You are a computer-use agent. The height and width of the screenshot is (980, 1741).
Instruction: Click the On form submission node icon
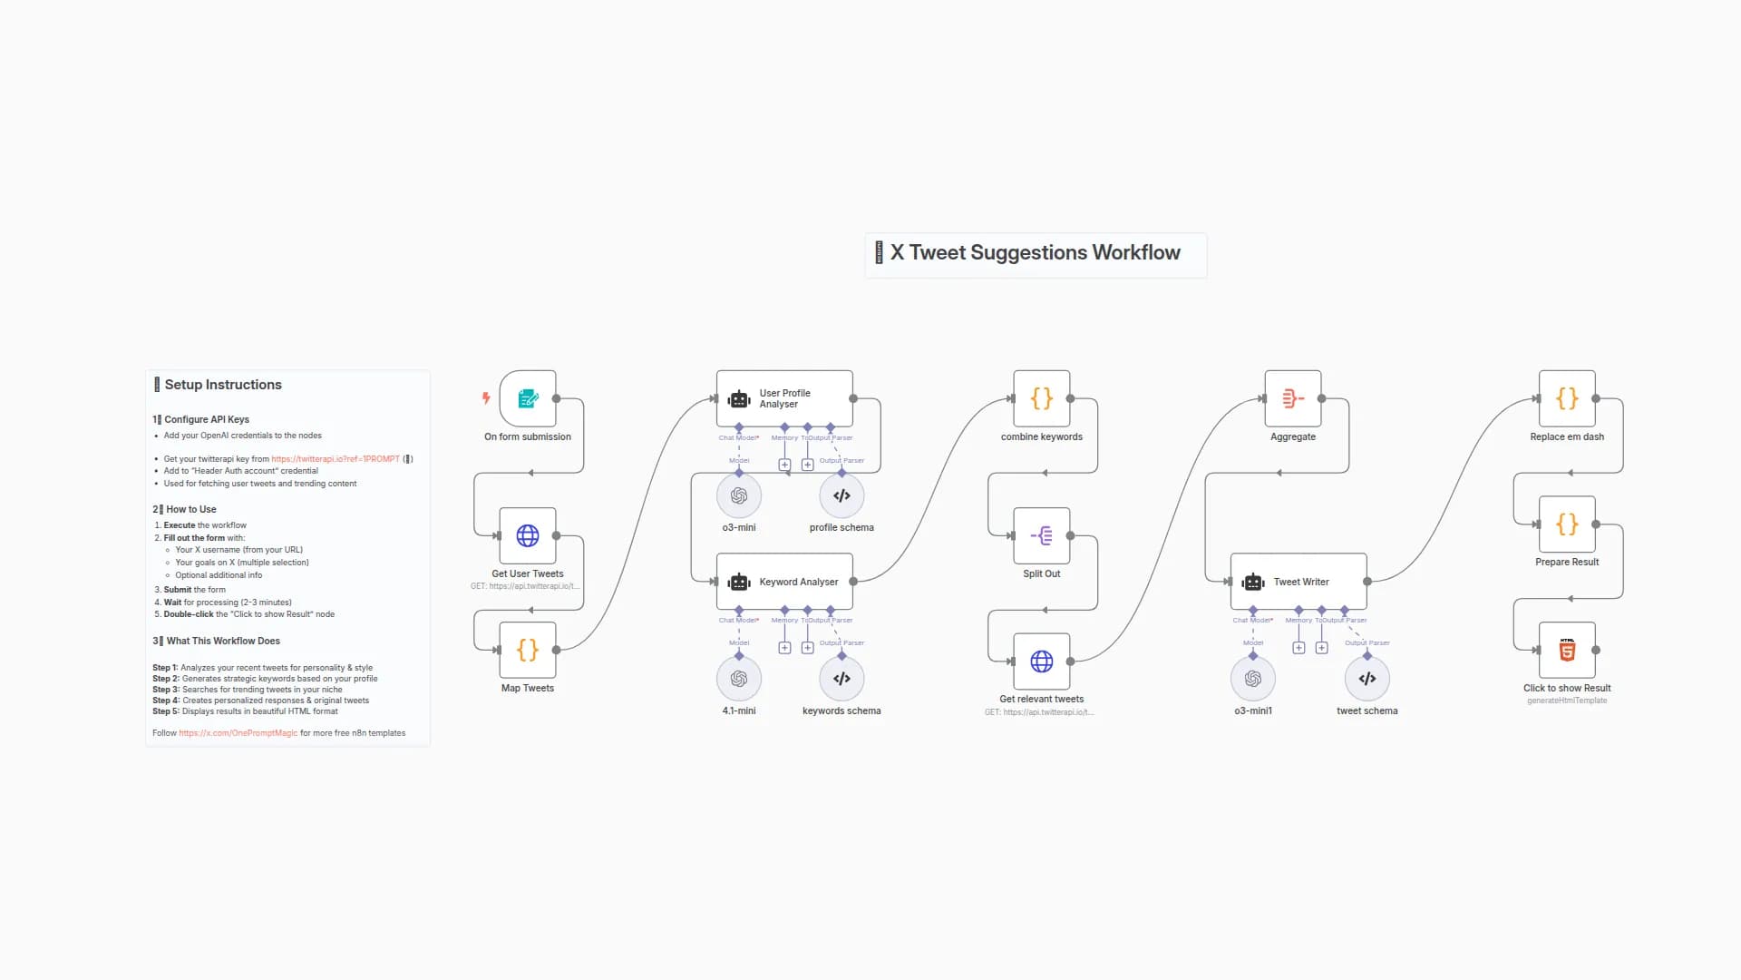528,398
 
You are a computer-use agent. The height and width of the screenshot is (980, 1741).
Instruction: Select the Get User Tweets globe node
528,535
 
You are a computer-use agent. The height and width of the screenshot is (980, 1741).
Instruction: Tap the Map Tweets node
528,650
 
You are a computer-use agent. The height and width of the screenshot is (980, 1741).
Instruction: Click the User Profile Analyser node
784,398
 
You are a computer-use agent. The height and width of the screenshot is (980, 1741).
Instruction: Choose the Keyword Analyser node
784,582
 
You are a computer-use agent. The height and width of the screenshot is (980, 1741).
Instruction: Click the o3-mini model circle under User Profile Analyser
739,495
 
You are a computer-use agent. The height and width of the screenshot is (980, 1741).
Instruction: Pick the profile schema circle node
841,495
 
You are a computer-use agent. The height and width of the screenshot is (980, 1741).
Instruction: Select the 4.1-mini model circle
739,679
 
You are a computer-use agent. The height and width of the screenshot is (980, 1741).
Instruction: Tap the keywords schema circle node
841,679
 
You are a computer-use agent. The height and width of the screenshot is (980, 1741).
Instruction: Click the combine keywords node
1042,398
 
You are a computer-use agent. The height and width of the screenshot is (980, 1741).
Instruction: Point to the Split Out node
1042,535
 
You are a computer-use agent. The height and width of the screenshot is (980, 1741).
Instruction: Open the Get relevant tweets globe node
1042,661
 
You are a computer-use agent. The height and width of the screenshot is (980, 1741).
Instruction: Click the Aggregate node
1293,398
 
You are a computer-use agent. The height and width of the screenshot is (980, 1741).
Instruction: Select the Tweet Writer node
1298,582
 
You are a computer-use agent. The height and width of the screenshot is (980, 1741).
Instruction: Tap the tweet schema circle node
1367,679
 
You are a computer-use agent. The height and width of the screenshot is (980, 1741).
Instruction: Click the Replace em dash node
1567,398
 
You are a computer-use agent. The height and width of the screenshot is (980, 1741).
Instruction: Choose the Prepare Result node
1567,524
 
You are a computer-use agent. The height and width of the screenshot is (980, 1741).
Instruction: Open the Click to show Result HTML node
1567,650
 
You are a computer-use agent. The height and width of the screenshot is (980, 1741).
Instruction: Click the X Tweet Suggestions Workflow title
1035,253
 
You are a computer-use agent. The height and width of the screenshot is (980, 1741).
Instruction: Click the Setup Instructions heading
223,385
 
